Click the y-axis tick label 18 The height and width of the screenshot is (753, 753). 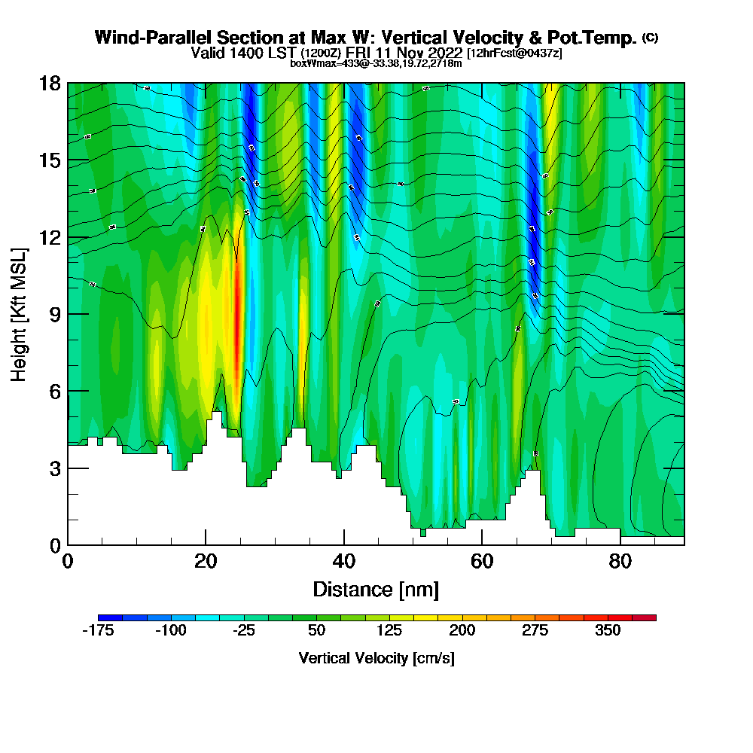[49, 83]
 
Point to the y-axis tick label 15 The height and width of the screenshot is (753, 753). [49, 160]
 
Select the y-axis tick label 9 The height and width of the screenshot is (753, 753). [53, 314]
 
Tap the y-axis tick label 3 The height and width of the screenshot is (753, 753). [53, 468]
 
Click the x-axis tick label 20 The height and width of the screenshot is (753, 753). [206, 562]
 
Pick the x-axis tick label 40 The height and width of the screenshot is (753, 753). [343, 562]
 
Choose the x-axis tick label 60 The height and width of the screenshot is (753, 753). [482, 562]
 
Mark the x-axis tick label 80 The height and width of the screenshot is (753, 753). [620, 562]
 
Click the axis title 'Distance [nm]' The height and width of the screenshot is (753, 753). [376, 588]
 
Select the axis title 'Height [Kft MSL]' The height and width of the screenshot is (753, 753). [20, 313]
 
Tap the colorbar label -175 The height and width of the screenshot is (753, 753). [97, 631]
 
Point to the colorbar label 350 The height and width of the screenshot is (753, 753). [608, 631]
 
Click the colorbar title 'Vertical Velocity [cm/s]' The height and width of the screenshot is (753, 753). [376, 658]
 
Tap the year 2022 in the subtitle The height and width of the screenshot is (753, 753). [444, 53]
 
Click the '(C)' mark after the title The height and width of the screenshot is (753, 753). [650, 37]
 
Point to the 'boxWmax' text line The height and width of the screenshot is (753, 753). [376, 63]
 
